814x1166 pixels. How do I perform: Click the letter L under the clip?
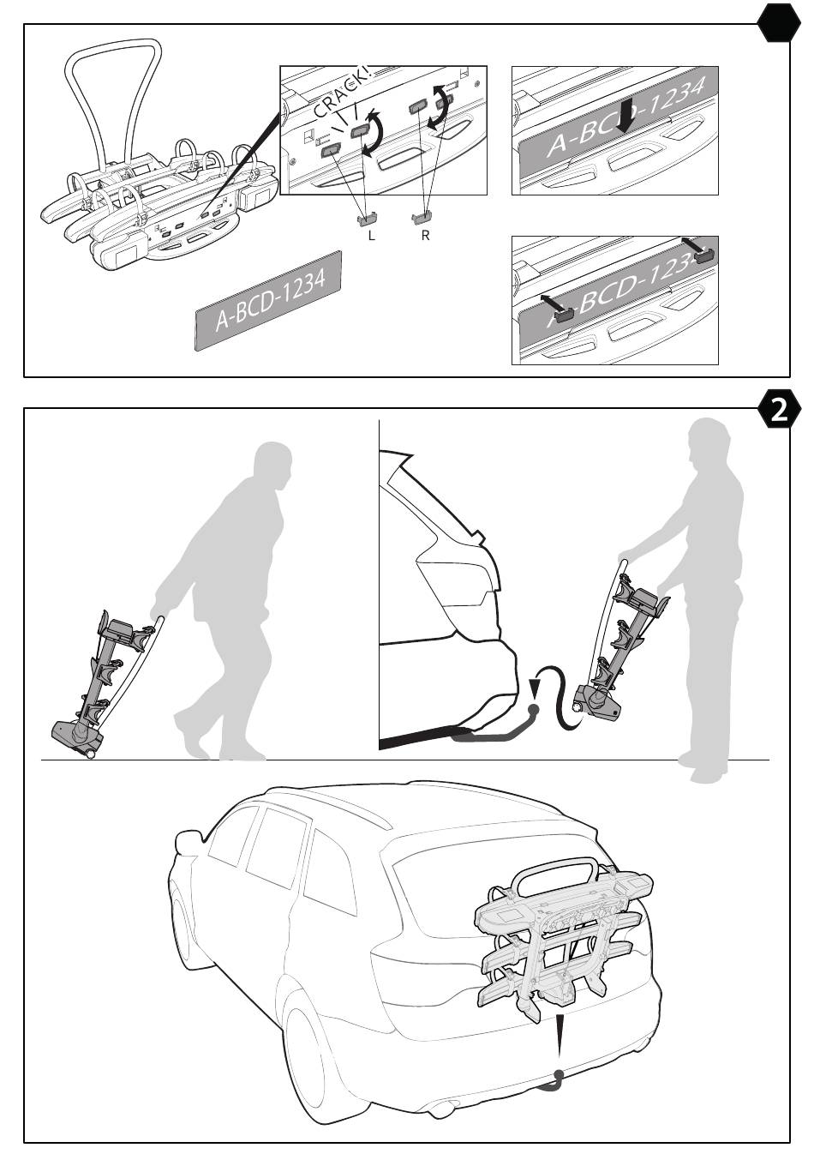click(371, 235)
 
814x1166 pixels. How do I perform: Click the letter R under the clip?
click(425, 235)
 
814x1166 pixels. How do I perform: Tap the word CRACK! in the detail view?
click(342, 93)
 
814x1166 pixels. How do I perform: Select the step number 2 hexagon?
click(778, 411)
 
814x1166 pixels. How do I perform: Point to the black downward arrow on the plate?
click(625, 115)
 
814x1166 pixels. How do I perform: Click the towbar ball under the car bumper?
click(535, 711)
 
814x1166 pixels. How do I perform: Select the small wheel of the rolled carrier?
click(89, 754)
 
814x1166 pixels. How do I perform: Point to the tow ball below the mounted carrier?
click(559, 1076)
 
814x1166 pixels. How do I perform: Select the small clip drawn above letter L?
click(369, 219)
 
